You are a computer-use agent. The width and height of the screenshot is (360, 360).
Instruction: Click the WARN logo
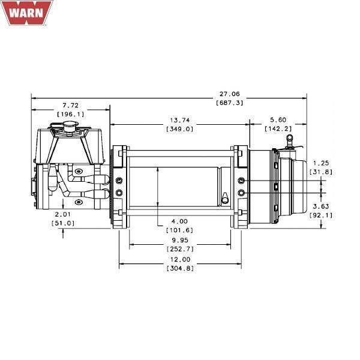25,14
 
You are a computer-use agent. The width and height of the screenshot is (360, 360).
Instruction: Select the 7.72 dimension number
70,106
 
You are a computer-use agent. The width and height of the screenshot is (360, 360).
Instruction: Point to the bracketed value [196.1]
70,114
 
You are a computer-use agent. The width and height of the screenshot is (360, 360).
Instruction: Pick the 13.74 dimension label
180,120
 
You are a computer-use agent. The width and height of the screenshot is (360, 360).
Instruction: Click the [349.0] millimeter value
180,128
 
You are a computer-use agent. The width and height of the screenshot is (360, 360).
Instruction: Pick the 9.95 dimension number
180,240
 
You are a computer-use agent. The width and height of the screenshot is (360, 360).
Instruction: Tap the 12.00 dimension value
180,259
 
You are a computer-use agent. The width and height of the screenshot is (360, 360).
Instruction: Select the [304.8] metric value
180,268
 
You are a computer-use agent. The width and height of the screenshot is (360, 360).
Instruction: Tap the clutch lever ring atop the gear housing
289,138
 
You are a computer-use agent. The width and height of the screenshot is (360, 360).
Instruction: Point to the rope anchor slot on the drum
223,197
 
